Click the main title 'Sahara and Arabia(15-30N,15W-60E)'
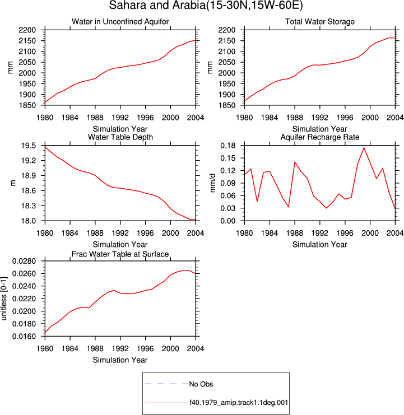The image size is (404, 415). tap(206, 5)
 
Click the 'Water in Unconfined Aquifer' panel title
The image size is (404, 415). tap(120, 21)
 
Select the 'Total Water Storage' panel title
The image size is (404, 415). tap(320, 21)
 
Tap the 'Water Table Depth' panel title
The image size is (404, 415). tap(120, 137)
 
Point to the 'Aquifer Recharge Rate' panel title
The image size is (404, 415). tap(320, 137)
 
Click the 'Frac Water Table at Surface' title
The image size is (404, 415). tap(120, 254)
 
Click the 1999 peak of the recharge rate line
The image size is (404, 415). tap(364, 148)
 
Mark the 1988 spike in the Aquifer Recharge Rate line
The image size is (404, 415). tap(295, 162)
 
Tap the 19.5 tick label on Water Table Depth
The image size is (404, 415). tap(29, 146)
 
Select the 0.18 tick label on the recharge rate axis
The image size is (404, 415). tap(228, 146)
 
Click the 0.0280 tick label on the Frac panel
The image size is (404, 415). tap(24, 261)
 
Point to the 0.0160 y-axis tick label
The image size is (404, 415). tap(24, 337)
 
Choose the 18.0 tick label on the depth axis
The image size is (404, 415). tap(29, 221)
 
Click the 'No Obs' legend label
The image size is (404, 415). tap(201, 384)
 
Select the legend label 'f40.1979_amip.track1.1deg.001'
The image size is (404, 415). tap(239, 403)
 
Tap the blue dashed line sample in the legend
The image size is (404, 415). tap(166, 384)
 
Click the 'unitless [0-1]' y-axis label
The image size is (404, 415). tap(4, 299)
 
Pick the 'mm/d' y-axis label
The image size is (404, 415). tap(212, 183)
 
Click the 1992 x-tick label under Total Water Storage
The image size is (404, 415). tap(320, 118)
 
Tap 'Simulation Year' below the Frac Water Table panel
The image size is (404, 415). tap(120, 360)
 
